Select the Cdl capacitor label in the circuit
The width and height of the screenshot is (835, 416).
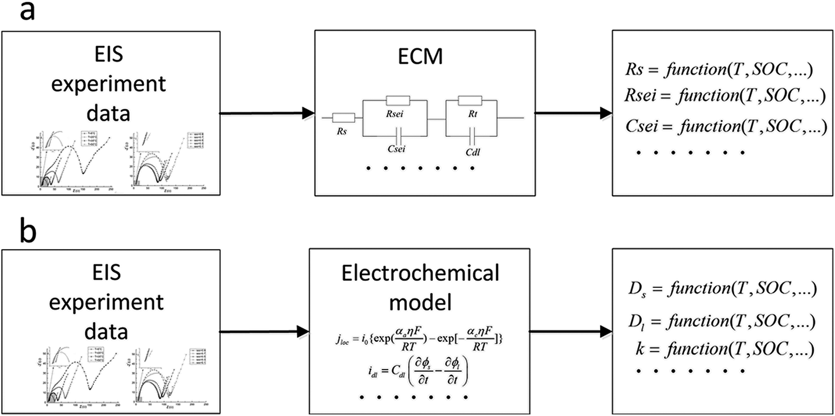(x=473, y=150)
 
